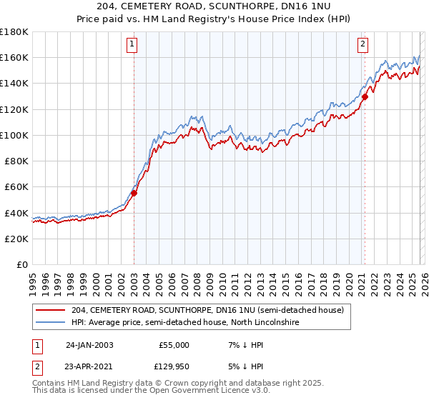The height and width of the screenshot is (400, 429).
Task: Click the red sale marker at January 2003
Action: click(134, 192)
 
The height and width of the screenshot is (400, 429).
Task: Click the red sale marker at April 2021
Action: click(365, 96)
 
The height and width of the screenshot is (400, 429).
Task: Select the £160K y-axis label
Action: click(14, 57)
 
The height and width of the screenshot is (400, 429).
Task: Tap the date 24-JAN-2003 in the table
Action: click(89, 344)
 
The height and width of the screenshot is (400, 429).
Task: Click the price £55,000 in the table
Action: click(174, 344)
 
